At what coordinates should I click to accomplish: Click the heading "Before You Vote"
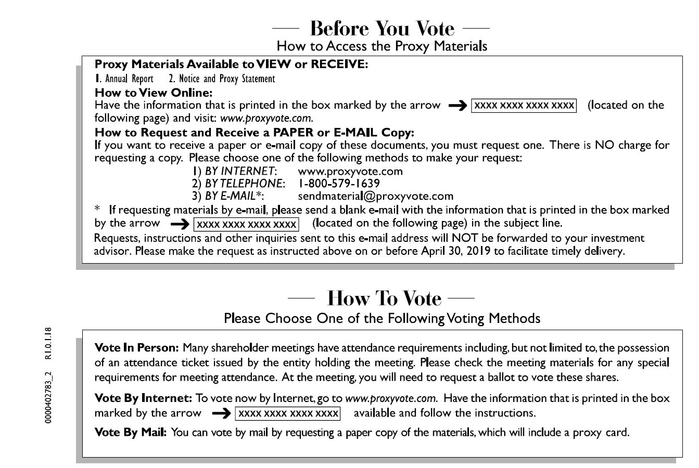(382, 28)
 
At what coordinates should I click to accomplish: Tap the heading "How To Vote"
(384, 298)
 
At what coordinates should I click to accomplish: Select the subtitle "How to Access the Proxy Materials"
(382, 46)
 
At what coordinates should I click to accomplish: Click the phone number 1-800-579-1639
(338, 184)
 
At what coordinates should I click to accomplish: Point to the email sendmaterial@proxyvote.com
(375, 197)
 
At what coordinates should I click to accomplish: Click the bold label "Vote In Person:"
(137, 347)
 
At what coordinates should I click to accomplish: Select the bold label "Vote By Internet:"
(143, 399)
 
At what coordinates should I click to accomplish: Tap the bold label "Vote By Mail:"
(131, 433)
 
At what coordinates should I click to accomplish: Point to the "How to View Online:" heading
(154, 93)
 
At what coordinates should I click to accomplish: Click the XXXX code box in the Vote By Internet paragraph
(288, 414)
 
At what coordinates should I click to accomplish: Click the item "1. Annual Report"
(124, 79)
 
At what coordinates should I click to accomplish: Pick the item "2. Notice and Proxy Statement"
(222, 79)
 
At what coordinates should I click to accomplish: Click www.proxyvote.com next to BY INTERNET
(350, 171)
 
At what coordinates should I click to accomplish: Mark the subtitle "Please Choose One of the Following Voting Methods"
(382, 318)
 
